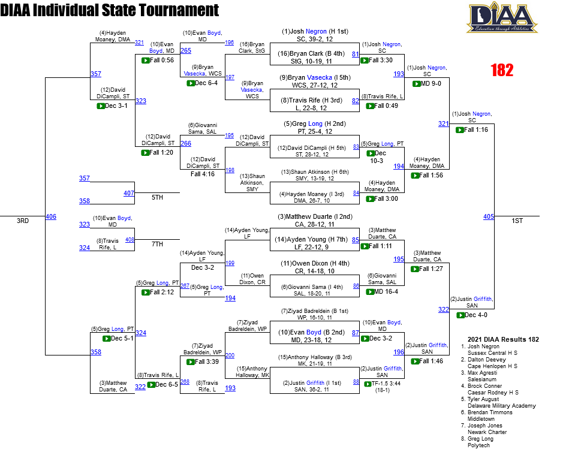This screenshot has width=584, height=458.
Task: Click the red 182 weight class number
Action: point(502,70)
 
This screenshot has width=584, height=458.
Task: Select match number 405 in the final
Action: point(489,216)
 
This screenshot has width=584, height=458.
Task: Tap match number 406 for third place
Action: point(51,216)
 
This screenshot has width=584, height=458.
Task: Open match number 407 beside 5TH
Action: point(129,193)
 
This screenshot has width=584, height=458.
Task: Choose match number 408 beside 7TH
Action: point(130,239)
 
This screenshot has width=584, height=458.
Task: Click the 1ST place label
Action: point(517,221)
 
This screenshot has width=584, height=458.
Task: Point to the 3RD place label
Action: point(23,221)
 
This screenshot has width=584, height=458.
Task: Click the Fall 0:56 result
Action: point(162,60)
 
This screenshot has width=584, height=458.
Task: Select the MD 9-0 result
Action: point(431,83)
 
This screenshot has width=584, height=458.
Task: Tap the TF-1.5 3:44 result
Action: point(387,383)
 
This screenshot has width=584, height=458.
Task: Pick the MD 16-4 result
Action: point(386,291)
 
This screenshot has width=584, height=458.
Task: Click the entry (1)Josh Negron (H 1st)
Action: point(315,31)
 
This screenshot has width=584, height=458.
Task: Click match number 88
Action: point(356,382)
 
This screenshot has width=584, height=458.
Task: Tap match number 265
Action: point(186,51)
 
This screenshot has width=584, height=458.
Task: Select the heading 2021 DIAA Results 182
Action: point(502,339)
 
